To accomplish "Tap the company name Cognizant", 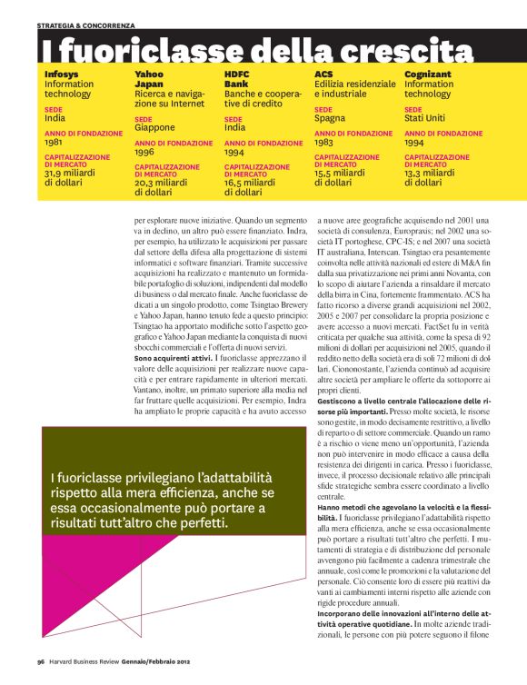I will (430, 73).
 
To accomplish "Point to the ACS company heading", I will (323, 73).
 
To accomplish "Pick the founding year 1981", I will (54, 143).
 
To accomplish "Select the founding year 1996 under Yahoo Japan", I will (144, 153).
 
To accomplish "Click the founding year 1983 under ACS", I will (323, 143).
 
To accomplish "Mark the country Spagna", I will (330, 118).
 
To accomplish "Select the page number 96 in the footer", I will (42, 661).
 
